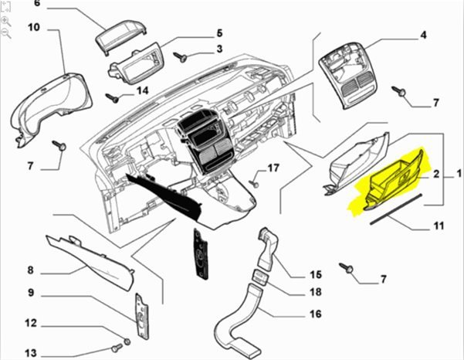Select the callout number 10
click(x=34, y=28)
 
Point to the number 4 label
click(x=423, y=35)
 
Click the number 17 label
click(x=273, y=168)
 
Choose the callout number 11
click(x=438, y=226)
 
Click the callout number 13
click(x=31, y=354)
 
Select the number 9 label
click(x=31, y=293)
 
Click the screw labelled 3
click(x=181, y=56)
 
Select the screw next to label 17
click(x=254, y=184)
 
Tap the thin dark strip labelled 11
click(x=395, y=209)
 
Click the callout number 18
click(x=315, y=293)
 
